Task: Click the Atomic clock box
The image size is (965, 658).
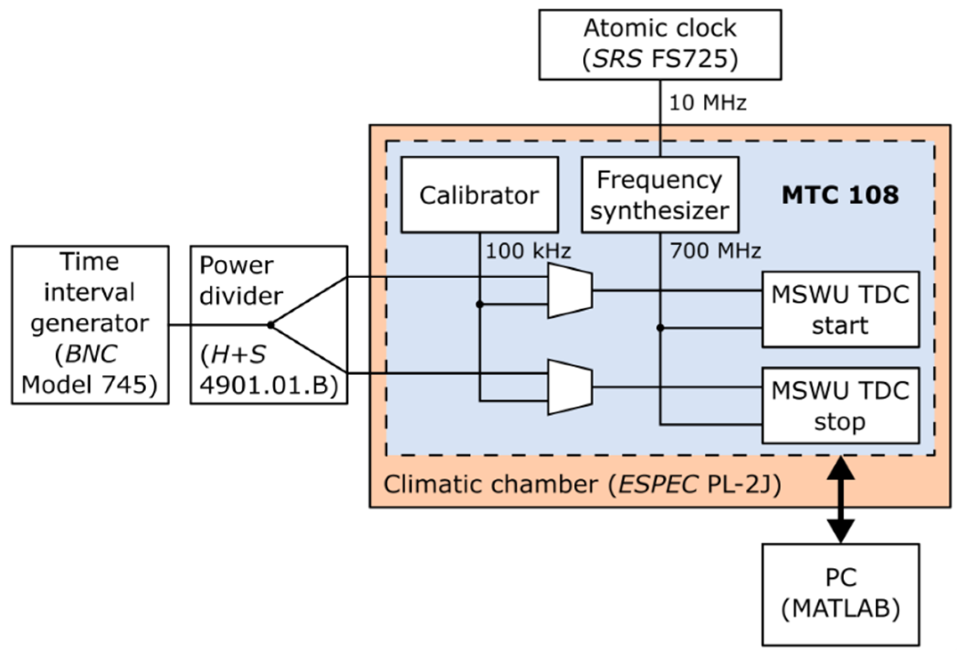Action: coord(660,44)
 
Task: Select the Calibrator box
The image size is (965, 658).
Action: coord(479,195)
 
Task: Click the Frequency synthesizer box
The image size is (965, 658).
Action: coord(660,195)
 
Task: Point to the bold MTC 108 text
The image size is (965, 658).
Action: coord(840,195)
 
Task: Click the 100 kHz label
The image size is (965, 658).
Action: coord(528,251)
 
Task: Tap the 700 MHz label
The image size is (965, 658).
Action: coord(715,251)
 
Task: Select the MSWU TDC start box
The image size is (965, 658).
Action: coord(840,309)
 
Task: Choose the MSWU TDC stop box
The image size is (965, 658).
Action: coord(840,405)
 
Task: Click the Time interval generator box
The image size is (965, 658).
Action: coord(90,325)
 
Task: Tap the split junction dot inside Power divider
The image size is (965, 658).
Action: coord(271,325)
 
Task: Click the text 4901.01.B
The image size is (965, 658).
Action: coord(268,385)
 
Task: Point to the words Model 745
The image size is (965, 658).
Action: coord(89,385)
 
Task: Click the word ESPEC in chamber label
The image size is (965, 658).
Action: coord(658,485)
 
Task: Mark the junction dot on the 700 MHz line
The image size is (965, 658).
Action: coord(660,328)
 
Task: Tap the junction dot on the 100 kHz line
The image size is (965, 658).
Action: coord(480,304)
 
